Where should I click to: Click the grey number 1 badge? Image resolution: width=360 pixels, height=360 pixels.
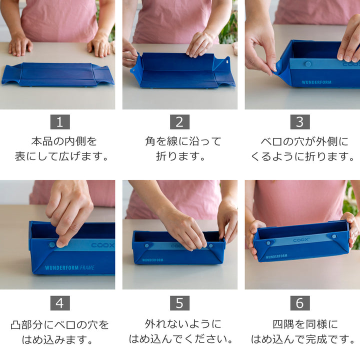60,122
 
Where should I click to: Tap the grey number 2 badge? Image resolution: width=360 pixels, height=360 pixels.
179,122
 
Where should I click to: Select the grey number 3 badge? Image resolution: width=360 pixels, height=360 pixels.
300,122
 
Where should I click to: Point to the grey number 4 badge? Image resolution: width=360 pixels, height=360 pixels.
60,303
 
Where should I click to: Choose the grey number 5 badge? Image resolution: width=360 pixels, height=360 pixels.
179,303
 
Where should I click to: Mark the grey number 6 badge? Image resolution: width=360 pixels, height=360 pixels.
300,303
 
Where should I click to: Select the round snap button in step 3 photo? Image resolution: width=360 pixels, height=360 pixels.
308,64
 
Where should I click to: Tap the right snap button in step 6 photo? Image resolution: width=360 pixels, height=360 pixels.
334,236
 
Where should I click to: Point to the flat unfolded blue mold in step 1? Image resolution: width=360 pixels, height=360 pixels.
57,74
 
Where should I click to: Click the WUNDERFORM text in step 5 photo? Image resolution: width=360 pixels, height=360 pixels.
153,260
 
